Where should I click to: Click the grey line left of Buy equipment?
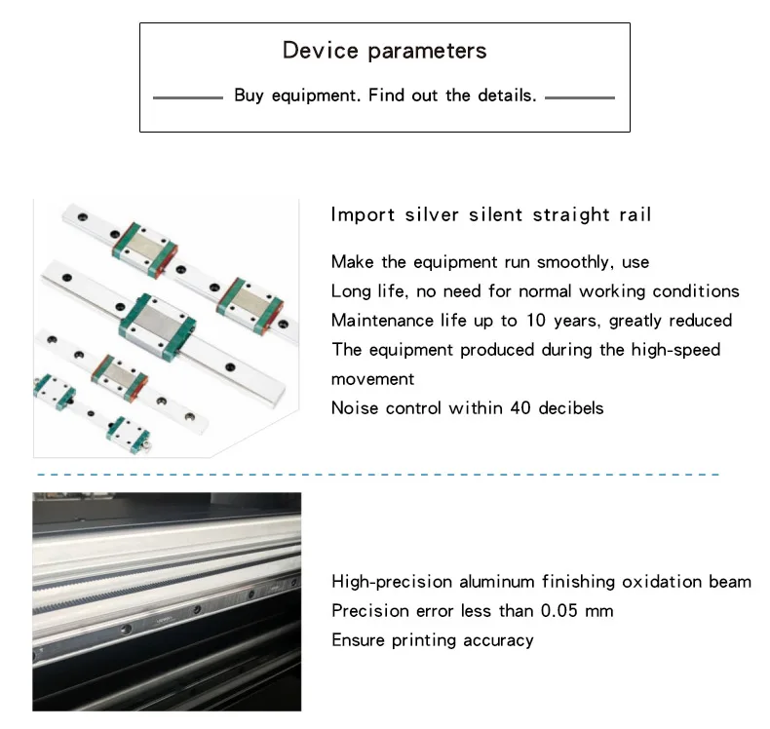(x=188, y=97)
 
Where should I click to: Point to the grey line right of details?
(x=580, y=97)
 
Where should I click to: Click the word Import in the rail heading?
(x=363, y=214)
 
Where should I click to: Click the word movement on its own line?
(x=372, y=379)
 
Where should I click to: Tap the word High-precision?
(x=392, y=582)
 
